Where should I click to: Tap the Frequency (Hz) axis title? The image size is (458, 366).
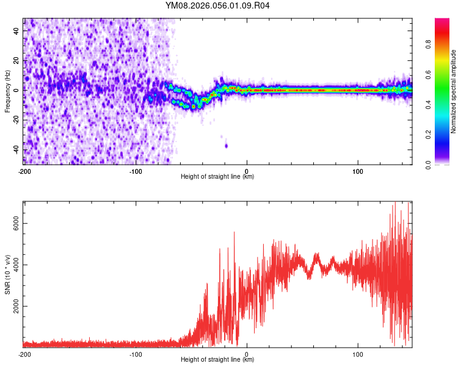(7, 91)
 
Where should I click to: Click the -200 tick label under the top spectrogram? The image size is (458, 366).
(24, 170)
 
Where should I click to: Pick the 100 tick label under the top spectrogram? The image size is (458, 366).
(358, 170)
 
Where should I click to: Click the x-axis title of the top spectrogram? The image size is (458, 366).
(217, 177)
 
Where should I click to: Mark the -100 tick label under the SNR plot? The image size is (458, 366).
(135, 354)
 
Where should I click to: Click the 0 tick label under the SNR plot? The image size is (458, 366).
(247, 354)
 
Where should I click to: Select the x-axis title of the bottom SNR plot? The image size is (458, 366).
(217, 360)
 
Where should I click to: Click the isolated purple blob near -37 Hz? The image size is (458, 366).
(226, 145)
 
